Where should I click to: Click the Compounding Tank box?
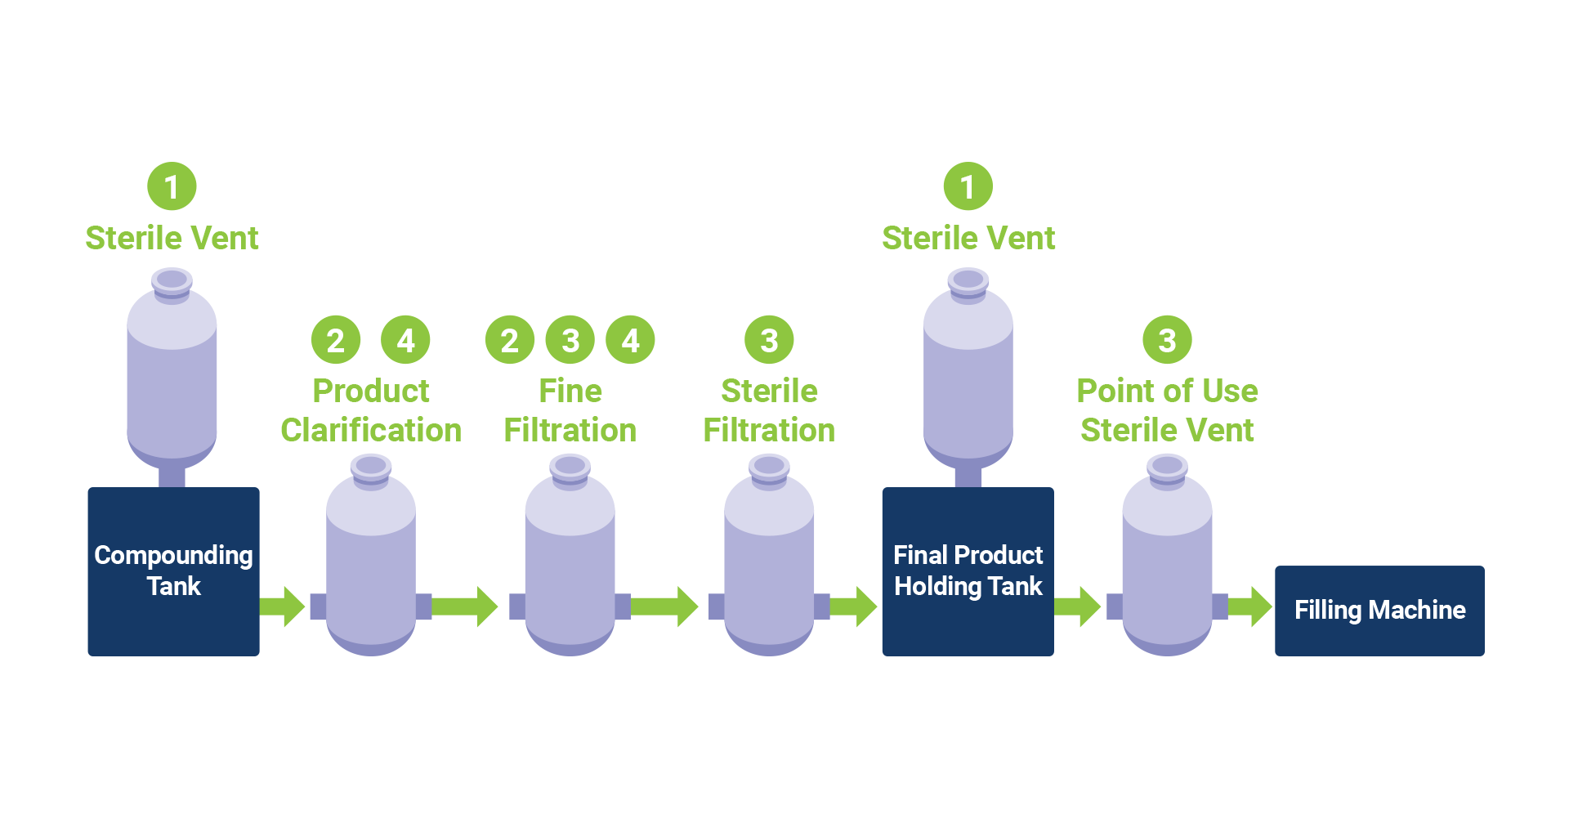point(173,571)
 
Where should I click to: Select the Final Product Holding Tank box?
point(968,571)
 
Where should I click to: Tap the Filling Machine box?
point(1379,610)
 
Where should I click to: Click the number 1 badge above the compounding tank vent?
point(172,186)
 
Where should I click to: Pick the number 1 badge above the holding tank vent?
point(968,186)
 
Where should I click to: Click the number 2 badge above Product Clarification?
point(335,340)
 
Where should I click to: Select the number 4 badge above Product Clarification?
point(405,340)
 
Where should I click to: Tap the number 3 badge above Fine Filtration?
point(570,340)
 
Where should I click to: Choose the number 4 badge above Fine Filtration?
point(630,340)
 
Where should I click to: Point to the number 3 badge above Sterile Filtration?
point(769,340)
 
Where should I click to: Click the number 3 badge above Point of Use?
point(1167,340)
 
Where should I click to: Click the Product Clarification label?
point(371,410)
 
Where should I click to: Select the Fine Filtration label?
point(570,410)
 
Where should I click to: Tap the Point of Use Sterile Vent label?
point(1167,410)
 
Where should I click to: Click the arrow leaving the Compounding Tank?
point(283,606)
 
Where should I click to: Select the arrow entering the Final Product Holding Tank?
point(855,606)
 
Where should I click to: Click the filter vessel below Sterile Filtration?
point(769,564)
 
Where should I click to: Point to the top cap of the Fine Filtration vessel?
point(570,468)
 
